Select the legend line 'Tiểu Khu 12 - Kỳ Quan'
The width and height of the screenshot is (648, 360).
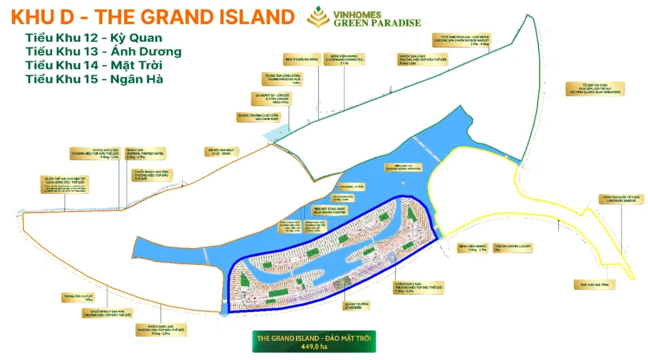point(93,38)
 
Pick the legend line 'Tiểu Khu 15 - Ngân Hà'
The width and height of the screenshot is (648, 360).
point(94,79)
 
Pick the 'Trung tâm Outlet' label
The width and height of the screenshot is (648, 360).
point(76,297)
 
